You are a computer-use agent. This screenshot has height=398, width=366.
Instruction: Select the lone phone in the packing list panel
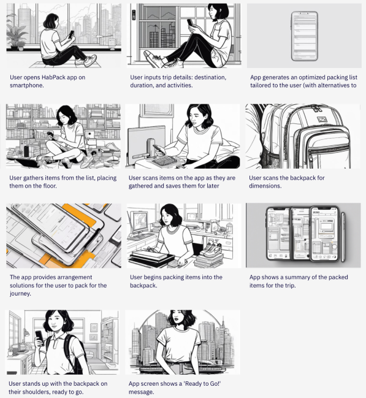[304, 36]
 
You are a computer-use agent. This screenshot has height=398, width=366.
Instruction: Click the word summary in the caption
[298, 277]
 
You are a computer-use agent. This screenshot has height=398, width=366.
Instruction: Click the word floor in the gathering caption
[50, 186]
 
